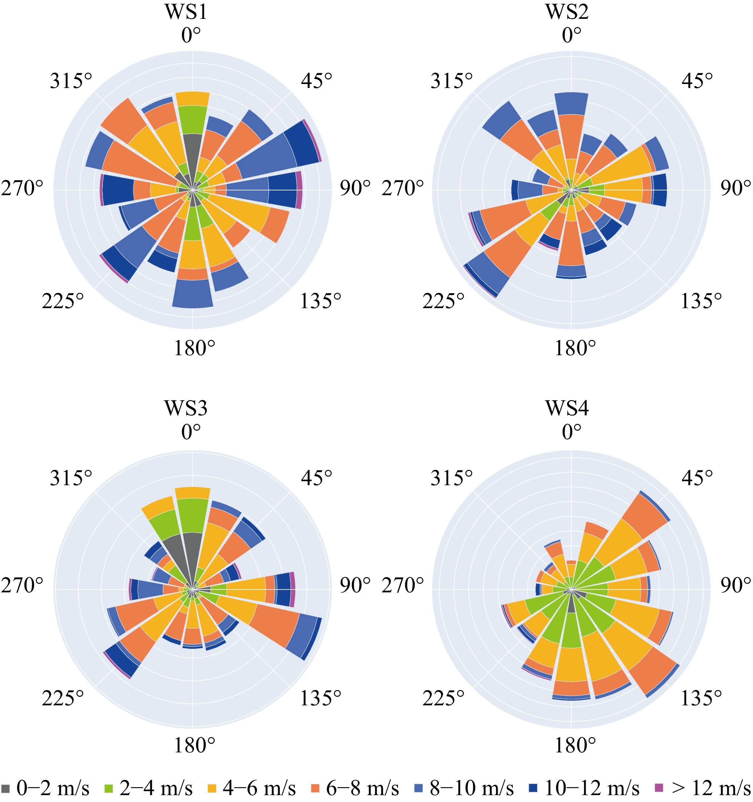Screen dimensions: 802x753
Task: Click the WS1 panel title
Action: click(186, 12)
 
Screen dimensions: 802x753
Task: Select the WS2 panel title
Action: click(567, 12)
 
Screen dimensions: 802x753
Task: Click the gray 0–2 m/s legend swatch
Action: click(6, 788)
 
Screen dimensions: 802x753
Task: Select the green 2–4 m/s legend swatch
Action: click(109, 788)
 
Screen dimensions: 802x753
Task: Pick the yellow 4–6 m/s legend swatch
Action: click(212, 788)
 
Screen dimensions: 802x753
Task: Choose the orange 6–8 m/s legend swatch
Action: click(315, 788)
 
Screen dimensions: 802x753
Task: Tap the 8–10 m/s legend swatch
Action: click(419, 788)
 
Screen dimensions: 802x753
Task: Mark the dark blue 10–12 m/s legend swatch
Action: click(533, 788)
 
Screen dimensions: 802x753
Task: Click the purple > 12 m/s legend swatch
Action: click(658, 788)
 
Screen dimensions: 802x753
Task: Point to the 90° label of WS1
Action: click(355, 188)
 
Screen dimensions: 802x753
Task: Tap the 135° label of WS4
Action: click(701, 698)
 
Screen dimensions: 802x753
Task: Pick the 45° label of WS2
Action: click(697, 81)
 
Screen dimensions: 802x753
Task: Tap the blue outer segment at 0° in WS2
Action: click(571, 104)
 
